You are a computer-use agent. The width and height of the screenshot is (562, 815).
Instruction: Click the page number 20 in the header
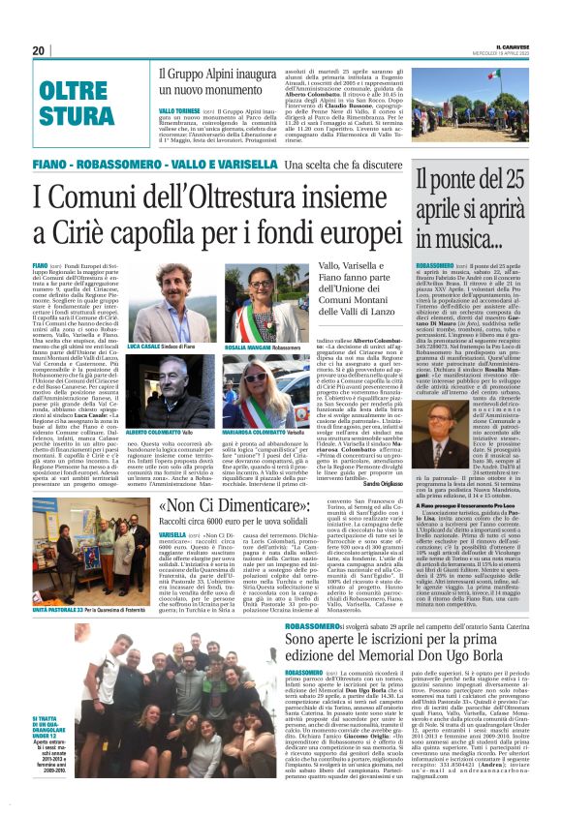coord(39,50)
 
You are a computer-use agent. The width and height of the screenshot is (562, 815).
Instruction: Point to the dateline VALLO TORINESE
coord(180,112)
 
